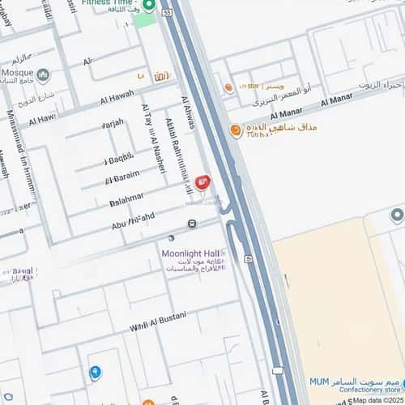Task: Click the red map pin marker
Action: point(202,181)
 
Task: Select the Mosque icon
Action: point(43,75)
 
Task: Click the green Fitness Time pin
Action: point(148,6)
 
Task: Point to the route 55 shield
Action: point(167,13)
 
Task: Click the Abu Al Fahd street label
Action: point(123,215)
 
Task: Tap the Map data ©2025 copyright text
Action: point(377,400)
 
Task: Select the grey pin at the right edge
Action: point(397,215)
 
